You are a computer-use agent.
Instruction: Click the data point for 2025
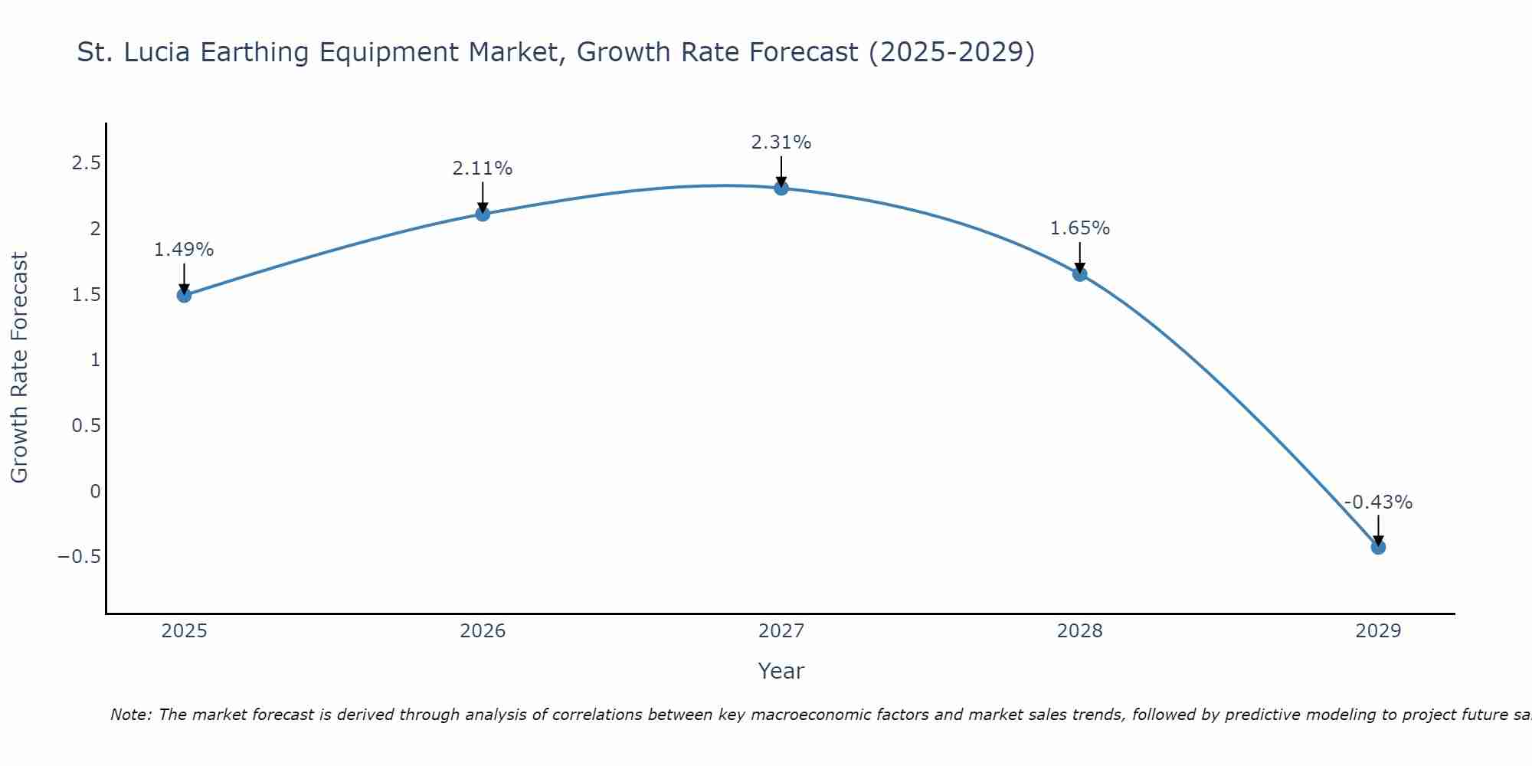pyautogui.click(x=184, y=295)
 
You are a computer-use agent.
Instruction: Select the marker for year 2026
pyautogui.click(x=483, y=214)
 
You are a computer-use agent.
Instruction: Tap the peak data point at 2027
pyautogui.click(x=781, y=188)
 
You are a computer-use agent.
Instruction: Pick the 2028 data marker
pyautogui.click(x=1080, y=274)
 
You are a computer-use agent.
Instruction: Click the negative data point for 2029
pyautogui.click(x=1378, y=547)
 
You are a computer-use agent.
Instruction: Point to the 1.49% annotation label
pyautogui.click(x=184, y=250)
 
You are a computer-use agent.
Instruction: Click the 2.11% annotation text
pyautogui.click(x=483, y=169)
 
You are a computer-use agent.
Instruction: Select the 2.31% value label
pyautogui.click(x=781, y=142)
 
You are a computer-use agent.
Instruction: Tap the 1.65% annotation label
pyautogui.click(x=1080, y=228)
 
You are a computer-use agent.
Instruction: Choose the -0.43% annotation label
pyautogui.click(x=1378, y=502)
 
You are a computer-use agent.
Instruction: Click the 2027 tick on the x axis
pyautogui.click(x=781, y=631)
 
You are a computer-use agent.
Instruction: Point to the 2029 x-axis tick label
pyautogui.click(x=1378, y=631)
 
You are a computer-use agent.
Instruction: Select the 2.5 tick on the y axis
pyautogui.click(x=86, y=163)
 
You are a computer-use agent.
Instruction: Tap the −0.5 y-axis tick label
pyautogui.click(x=79, y=556)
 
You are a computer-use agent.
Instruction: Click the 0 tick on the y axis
pyautogui.click(x=95, y=491)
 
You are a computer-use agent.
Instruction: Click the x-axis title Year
pyautogui.click(x=781, y=671)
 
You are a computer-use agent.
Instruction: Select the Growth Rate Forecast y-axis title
pyautogui.click(x=19, y=368)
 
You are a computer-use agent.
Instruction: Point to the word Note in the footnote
pyautogui.click(x=131, y=715)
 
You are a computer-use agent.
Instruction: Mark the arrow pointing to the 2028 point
pyautogui.click(x=1080, y=259)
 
